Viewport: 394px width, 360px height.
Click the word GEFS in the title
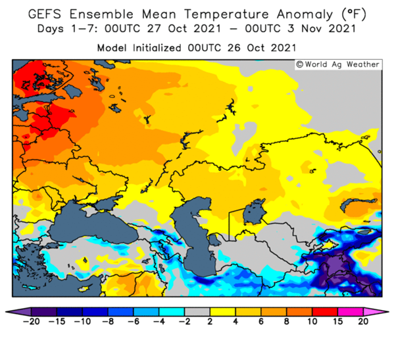tap(45, 14)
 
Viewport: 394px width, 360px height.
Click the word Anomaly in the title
tap(305, 15)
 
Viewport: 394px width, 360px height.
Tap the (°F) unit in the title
tap(354, 14)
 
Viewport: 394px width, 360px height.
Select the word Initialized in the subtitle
tap(157, 48)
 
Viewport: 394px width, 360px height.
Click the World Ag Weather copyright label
tap(337, 64)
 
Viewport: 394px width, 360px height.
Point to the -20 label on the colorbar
tap(31, 321)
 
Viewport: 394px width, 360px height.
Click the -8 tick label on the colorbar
tap(108, 321)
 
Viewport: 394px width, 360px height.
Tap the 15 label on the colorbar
tap(337, 321)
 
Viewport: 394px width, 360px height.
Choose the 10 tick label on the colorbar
tap(312, 321)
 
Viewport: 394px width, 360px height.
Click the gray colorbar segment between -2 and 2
tap(197, 312)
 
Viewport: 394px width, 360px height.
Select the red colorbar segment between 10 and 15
tap(325, 312)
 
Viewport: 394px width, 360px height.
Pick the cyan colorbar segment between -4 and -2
tap(172, 312)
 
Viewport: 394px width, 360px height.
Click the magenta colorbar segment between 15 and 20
tap(351, 312)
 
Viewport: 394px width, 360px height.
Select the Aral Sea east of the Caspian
tap(254, 212)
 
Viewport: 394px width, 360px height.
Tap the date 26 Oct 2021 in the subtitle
tap(262, 48)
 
